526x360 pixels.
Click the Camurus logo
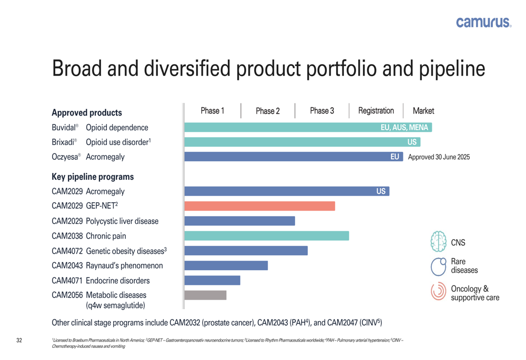[x=483, y=22]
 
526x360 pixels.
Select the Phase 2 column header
[x=268, y=111]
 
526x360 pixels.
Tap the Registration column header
[x=376, y=111]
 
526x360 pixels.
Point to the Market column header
[x=423, y=111]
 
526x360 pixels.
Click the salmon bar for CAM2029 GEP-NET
[x=259, y=206]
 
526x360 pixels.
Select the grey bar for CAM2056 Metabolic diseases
[x=205, y=295]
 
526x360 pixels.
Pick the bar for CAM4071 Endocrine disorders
[x=212, y=281]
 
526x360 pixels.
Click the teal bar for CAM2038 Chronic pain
[x=266, y=236]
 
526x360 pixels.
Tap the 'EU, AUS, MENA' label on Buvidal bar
[x=404, y=128]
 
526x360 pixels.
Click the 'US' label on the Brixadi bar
[x=412, y=142]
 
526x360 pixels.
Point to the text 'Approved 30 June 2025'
[x=439, y=157]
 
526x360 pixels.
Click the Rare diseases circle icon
[x=438, y=266]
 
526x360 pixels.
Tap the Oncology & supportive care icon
[x=438, y=292]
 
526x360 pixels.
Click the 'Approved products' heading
[x=87, y=112]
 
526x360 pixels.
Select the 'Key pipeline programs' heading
[x=93, y=177]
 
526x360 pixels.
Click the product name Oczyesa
[x=65, y=157]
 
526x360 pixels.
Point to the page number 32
[x=19, y=341]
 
